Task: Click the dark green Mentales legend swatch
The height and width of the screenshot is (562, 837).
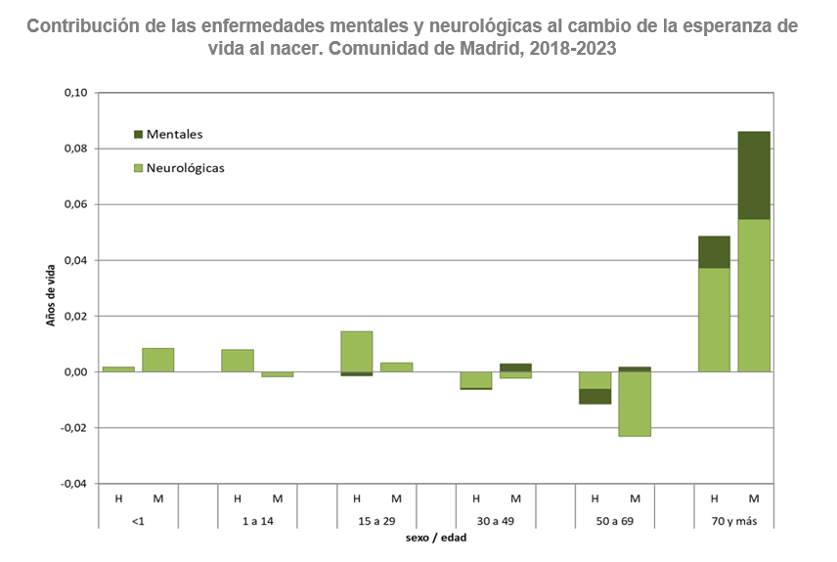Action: point(138,134)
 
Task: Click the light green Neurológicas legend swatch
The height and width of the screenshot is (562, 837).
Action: point(138,168)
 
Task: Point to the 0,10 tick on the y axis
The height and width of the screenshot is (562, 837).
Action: point(75,93)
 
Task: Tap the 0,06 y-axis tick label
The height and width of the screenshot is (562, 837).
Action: point(75,204)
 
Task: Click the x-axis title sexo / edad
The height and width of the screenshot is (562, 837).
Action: point(435,538)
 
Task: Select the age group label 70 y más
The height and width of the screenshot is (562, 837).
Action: point(733,520)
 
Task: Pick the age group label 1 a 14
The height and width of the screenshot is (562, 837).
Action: point(257,520)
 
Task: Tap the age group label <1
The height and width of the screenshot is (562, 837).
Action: point(138,520)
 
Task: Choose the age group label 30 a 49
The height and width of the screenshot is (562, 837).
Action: point(496,520)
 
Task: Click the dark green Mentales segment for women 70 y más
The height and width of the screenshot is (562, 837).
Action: point(754,175)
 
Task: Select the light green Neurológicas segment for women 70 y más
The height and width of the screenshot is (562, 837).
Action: point(754,295)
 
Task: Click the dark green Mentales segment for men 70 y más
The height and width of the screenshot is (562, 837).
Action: point(714,251)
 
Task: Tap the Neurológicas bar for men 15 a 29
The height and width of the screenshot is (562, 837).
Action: point(357,351)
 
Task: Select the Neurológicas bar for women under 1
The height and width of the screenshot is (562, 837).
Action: point(158,360)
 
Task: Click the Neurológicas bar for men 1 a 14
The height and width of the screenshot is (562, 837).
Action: point(238,361)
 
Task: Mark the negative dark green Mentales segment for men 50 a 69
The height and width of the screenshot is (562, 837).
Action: point(595,396)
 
